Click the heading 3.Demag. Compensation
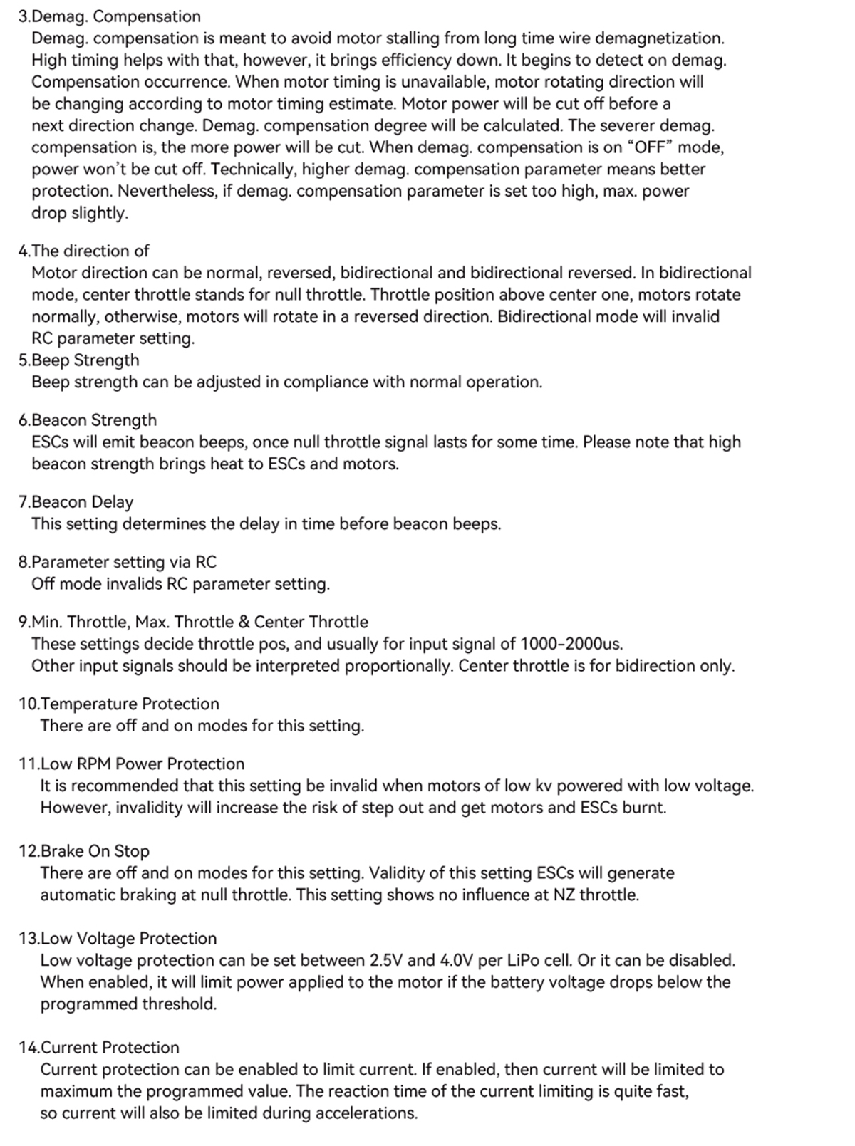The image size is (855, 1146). click(x=109, y=16)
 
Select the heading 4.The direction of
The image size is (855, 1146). click(x=83, y=251)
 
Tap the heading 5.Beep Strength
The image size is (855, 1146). click(x=78, y=360)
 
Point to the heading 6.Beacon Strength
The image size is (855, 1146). click(x=87, y=420)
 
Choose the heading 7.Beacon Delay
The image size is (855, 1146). click(x=76, y=501)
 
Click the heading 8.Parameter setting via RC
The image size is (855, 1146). click(x=117, y=561)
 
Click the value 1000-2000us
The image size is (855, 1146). click(x=571, y=644)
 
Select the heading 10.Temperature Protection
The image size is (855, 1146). click(x=118, y=704)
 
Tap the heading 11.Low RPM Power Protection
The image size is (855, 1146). click(x=131, y=764)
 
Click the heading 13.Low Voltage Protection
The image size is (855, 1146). click(x=118, y=938)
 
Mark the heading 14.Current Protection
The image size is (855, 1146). click(x=99, y=1047)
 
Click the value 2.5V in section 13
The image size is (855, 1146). click(x=385, y=960)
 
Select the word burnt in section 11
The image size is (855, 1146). click(x=645, y=808)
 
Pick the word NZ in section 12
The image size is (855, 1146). click(x=565, y=895)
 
